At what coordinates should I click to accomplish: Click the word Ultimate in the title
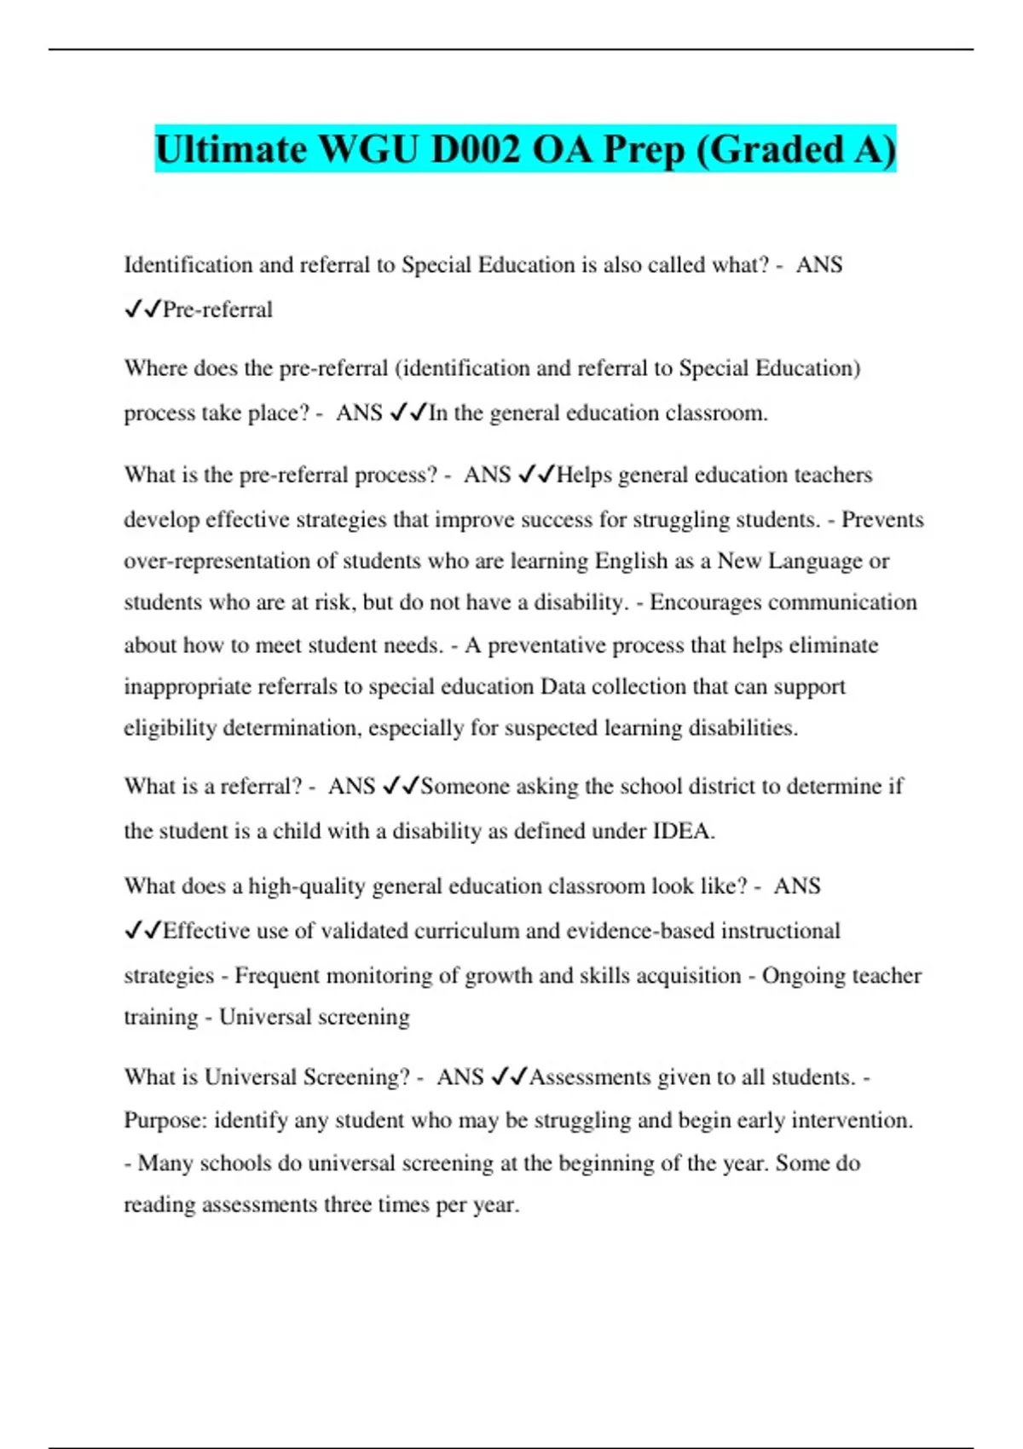(x=230, y=150)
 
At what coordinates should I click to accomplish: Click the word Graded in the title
(x=776, y=150)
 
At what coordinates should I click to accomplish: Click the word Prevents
(x=882, y=520)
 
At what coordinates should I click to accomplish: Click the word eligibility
(x=170, y=728)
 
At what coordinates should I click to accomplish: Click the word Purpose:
(x=165, y=1120)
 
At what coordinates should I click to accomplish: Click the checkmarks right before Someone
(x=401, y=786)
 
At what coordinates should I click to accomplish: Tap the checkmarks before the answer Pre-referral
(x=142, y=309)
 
